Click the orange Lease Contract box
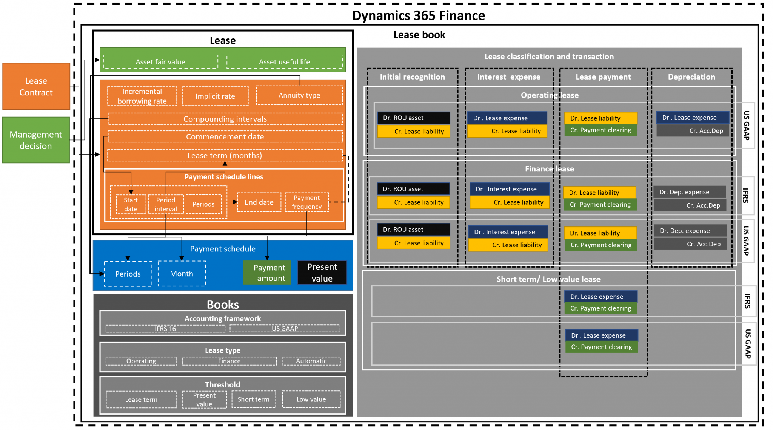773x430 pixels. click(x=36, y=86)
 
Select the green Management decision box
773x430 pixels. click(x=36, y=140)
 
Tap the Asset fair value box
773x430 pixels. click(x=160, y=62)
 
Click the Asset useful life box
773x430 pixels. click(x=285, y=62)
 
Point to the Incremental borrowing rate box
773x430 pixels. click(x=142, y=96)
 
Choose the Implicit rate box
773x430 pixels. click(x=215, y=96)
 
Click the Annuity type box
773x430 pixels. click(x=299, y=95)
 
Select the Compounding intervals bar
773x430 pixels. click(x=225, y=119)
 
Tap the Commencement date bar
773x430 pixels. click(x=225, y=137)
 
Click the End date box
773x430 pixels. click(x=259, y=202)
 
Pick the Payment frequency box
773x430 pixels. click(x=306, y=202)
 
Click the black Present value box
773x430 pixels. click(x=322, y=272)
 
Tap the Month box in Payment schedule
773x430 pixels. click(x=182, y=274)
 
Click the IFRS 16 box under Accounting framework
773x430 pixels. click(x=165, y=329)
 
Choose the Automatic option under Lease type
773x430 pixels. click(x=311, y=361)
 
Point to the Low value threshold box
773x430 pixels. click(x=311, y=399)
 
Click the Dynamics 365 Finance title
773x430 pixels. click(x=419, y=16)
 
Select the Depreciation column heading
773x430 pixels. click(x=691, y=77)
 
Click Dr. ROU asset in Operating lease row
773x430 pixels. click(x=413, y=118)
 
